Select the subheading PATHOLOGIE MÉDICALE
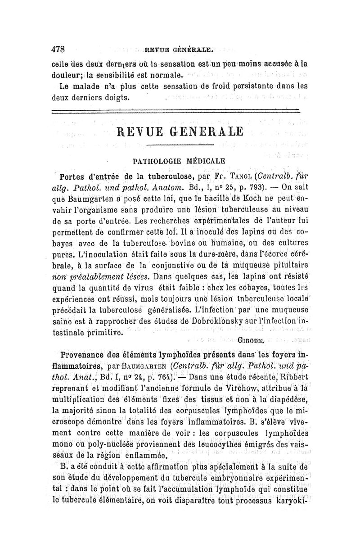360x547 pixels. [180, 160]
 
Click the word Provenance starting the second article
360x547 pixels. [85, 352]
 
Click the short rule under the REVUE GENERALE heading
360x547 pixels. [180, 145]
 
